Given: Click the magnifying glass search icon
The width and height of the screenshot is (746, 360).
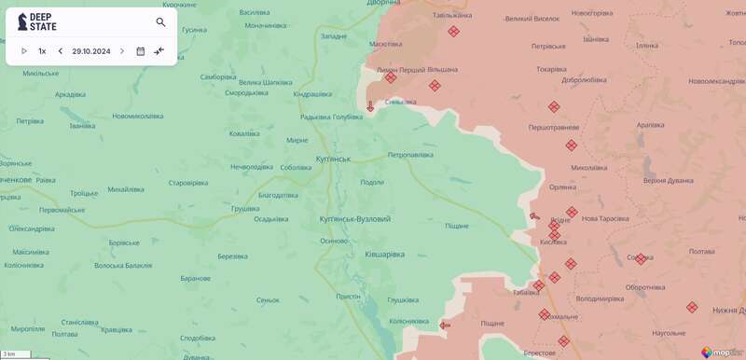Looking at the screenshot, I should (160, 22).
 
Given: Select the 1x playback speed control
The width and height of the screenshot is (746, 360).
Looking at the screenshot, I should (42, 51).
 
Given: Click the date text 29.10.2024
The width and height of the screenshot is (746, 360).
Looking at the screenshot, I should (91, 51).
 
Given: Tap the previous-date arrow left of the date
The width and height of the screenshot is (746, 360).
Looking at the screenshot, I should (61, 51).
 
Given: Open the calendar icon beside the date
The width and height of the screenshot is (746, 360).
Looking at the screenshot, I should (140, 51).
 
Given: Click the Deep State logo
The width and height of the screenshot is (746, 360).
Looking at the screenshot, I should (37, 21).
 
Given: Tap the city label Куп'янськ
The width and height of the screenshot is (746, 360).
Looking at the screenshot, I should (333, 159).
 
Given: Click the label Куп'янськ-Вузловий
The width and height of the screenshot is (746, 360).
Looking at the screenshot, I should (354, 218).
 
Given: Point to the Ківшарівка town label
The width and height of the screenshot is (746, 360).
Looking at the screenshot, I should (384, 254).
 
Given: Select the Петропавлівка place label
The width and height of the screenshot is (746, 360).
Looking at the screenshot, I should (410, 154).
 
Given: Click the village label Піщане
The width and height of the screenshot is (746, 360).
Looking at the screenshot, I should (456, 226).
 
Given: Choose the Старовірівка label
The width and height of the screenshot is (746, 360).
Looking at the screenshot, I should (186, 183).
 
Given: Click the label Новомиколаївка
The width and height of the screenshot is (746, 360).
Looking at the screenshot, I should (138, 116).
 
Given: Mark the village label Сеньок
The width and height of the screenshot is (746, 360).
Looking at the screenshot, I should (268, 299).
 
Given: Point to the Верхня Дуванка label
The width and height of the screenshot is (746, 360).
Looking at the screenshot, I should (668, 180).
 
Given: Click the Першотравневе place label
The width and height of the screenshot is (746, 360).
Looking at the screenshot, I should (554, 127).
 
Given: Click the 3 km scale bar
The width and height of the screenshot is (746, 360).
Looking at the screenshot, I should (16, 354).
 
